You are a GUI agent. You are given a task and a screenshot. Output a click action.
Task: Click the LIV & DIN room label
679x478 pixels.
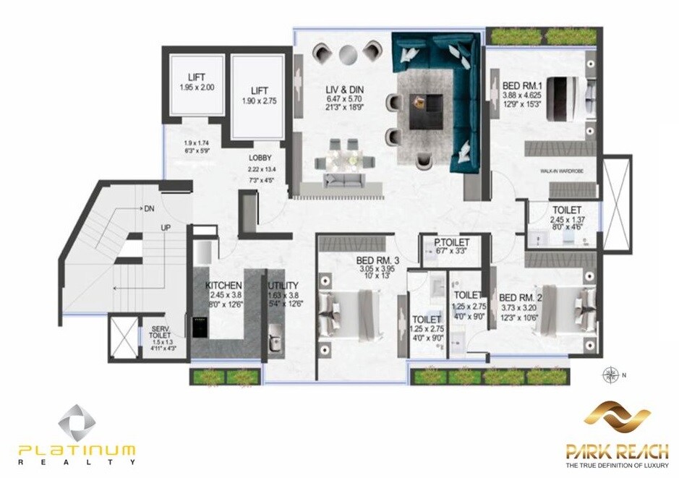[344, 90]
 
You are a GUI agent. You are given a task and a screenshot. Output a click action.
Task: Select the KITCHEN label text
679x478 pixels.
[223, 286]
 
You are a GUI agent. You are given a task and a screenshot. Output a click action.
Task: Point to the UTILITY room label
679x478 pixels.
[283, 286]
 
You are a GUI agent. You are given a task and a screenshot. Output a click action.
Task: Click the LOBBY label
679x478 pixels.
[260, 157]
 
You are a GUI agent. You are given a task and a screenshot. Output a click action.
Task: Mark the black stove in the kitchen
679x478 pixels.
[199, 325]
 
